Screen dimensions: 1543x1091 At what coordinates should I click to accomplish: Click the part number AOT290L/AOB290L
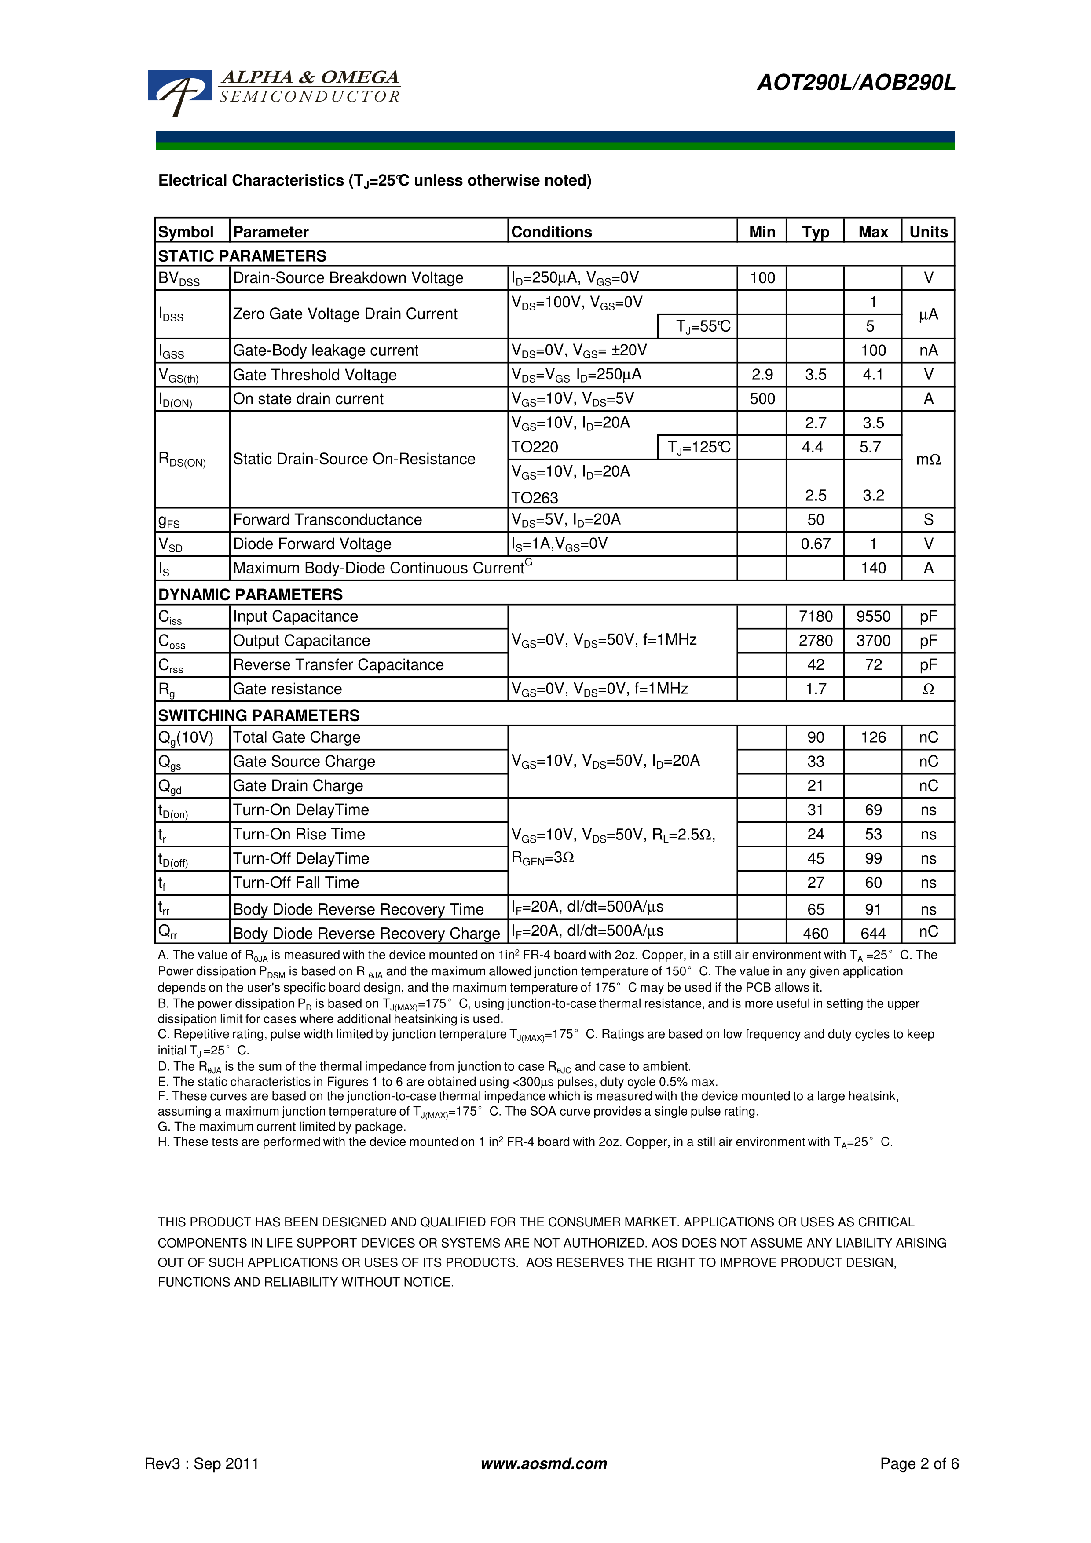(856, 83)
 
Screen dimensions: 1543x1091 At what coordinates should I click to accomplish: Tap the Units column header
(928, 232)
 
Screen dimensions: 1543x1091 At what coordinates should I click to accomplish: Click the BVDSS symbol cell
(179, 279)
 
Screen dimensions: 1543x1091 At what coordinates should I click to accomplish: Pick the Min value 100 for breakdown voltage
(762, 278)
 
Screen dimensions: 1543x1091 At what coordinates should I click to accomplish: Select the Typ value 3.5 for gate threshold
(816, 375)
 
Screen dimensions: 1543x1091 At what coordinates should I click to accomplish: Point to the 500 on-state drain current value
(762, 399)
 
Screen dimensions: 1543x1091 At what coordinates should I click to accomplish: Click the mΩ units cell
(928, 460)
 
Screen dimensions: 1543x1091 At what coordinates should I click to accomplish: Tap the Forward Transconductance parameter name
(327, 520)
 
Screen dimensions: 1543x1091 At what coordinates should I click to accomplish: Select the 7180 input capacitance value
(816, 617)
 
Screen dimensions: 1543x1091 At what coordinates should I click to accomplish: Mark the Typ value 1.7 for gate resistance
(816, 689)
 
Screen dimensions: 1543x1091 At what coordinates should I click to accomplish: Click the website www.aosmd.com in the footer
(544, 1464)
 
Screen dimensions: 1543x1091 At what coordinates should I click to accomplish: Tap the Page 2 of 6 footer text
(919, 1464)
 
